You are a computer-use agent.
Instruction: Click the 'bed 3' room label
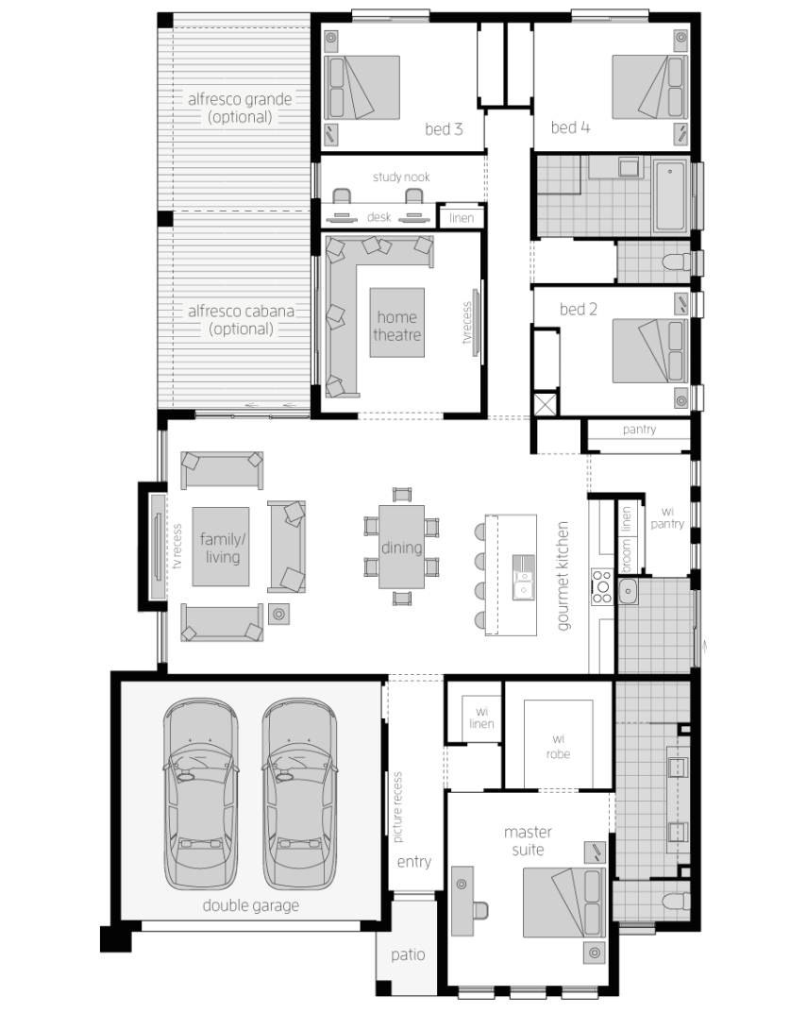click(444, 129)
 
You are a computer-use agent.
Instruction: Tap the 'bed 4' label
click(570, 127)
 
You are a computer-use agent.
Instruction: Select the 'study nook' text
click(401, 177)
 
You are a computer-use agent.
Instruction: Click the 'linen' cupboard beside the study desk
click(462, 218)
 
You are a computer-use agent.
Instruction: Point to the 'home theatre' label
click(396, 326)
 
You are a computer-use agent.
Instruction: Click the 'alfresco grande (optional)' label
click(240, 108)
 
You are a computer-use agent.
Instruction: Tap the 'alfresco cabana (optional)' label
click(241, 320)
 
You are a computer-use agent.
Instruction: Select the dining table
click(401, 547)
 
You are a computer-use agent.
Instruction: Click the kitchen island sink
click(523, 577)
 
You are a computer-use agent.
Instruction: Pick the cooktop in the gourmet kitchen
click(602, 586)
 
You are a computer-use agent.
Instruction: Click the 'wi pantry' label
click(667, 517)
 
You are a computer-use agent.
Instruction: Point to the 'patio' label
click(408, 954)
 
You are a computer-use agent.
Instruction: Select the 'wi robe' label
click(558, 746)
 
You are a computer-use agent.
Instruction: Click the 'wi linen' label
click(481, 718)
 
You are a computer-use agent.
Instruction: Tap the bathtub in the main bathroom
click(670, 195)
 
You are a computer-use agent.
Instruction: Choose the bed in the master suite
click(563, 903)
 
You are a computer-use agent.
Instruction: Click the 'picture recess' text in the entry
click(397, 807)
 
